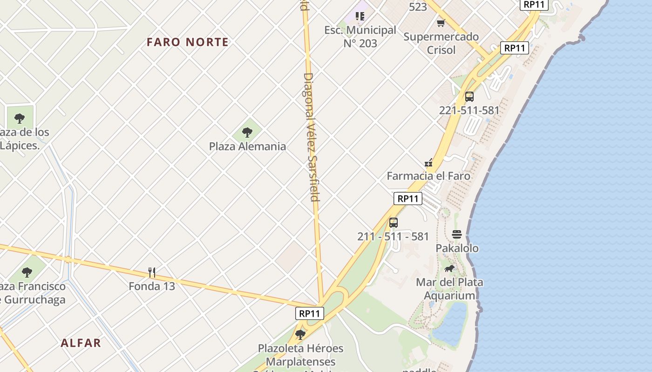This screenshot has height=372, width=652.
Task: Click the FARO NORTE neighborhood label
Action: coord(188,42)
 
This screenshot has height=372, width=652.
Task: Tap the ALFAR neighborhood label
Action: coord(81,343)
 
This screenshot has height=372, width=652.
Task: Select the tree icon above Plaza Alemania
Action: coord(247,133)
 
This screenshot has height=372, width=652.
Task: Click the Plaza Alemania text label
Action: coord(247,146)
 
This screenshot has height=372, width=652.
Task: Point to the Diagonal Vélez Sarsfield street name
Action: coord(311,137)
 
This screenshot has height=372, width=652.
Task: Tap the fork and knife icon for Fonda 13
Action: coord(152,272)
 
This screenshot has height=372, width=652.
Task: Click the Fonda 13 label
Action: coord(152,286)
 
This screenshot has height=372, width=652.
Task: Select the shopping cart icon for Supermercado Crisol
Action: coord(441,23)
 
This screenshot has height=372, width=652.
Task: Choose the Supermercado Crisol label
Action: coord(441,43)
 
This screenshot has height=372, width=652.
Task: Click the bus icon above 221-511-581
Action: coord(469,97)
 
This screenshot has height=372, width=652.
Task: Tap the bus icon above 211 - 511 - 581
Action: coord(394,223)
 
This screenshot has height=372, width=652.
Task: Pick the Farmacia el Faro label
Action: coord(428,176)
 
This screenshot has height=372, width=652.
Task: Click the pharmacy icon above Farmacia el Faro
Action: coord(429,163)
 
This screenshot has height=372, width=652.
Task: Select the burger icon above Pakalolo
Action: coord(456,234)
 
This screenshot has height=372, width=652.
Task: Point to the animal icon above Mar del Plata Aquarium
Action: coord(449,268)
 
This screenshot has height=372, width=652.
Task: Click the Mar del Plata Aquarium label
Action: coord(449,289)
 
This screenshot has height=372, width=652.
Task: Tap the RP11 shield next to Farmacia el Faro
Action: coord(408,199)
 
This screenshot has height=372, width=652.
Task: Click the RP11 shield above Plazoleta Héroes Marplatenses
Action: coord(310,313)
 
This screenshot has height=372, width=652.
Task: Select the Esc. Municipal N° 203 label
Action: coord(360,37)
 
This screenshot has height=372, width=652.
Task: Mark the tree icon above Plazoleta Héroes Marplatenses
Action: coord(300,334)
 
